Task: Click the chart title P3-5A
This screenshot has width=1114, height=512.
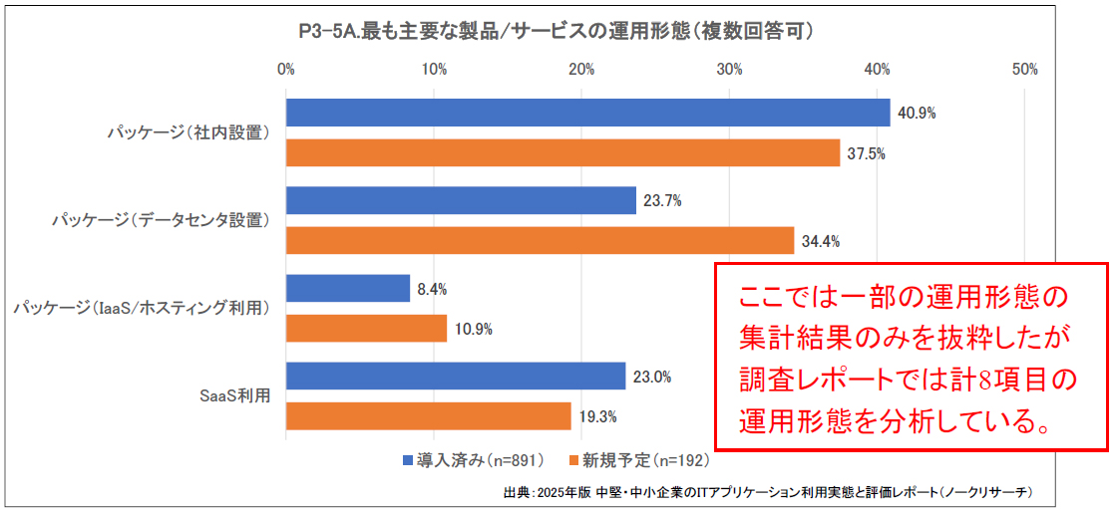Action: [x=556, y=31]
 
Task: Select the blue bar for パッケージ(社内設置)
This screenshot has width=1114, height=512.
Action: [x=587, y=113]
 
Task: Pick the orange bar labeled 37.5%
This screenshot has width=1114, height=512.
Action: [x=562, y=153]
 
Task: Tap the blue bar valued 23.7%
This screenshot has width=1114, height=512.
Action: [x=461, y=200]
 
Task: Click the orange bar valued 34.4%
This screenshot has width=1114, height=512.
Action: [x=540, y=241]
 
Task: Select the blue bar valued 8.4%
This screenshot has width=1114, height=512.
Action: [x=348, y=289]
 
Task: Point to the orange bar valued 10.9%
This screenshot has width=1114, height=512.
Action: [x=366, y=329]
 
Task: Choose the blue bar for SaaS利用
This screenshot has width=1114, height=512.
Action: [x=455, y=377]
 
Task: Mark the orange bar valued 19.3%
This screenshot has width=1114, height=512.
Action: [x=428, y=416]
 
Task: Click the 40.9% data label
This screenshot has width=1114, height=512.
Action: [x=917, y=114]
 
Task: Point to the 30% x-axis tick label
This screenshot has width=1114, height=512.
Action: [x=729, y=70]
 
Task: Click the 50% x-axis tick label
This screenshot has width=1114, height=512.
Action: [x=1024, y=70]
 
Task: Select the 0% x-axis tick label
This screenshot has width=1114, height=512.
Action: [x=286, y=70]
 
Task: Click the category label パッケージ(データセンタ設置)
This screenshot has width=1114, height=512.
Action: [x=162, y=221]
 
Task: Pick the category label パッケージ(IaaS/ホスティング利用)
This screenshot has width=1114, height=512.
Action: [x=143, y=309]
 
